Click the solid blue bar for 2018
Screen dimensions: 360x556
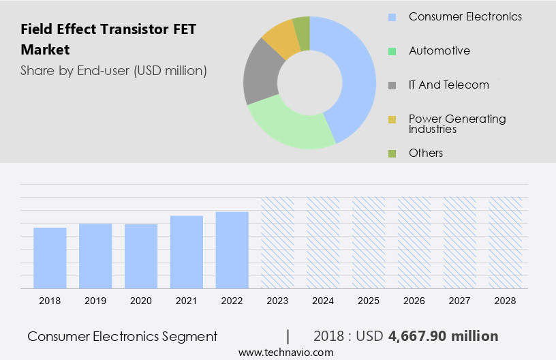click(50, 258)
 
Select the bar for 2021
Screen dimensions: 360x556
click(187, 252)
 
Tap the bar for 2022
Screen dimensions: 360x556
click(232, 250)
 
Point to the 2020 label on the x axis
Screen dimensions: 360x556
click(141, 301)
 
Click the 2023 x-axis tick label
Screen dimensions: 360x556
click(277, 301)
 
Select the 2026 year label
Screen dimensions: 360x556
click(414, 301)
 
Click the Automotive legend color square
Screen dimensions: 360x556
click(392, 51)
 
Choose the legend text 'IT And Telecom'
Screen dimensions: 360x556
click(448, 85)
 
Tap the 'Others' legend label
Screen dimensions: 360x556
click(426, 153)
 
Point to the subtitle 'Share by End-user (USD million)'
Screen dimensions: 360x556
click(114, 70)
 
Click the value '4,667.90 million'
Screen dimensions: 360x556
click(443, 336)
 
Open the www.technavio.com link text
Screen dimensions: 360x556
click(286, 352)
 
